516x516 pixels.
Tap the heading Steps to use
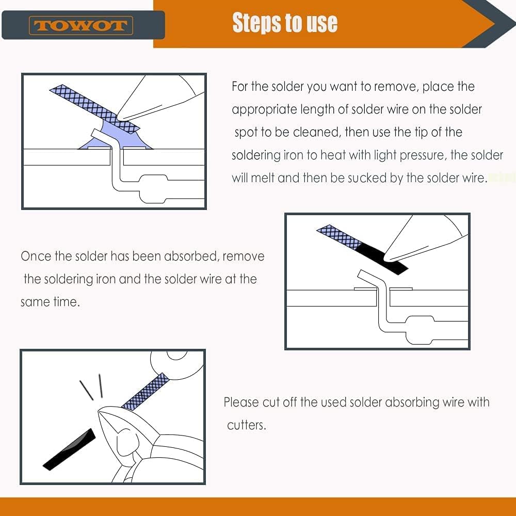(x=285, y=23)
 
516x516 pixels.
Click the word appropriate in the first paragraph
(x=264, y=109)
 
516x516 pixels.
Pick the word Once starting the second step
(x=37, y=256)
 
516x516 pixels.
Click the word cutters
(x=247, y=426)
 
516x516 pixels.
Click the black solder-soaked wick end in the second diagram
(x=382, y=256)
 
